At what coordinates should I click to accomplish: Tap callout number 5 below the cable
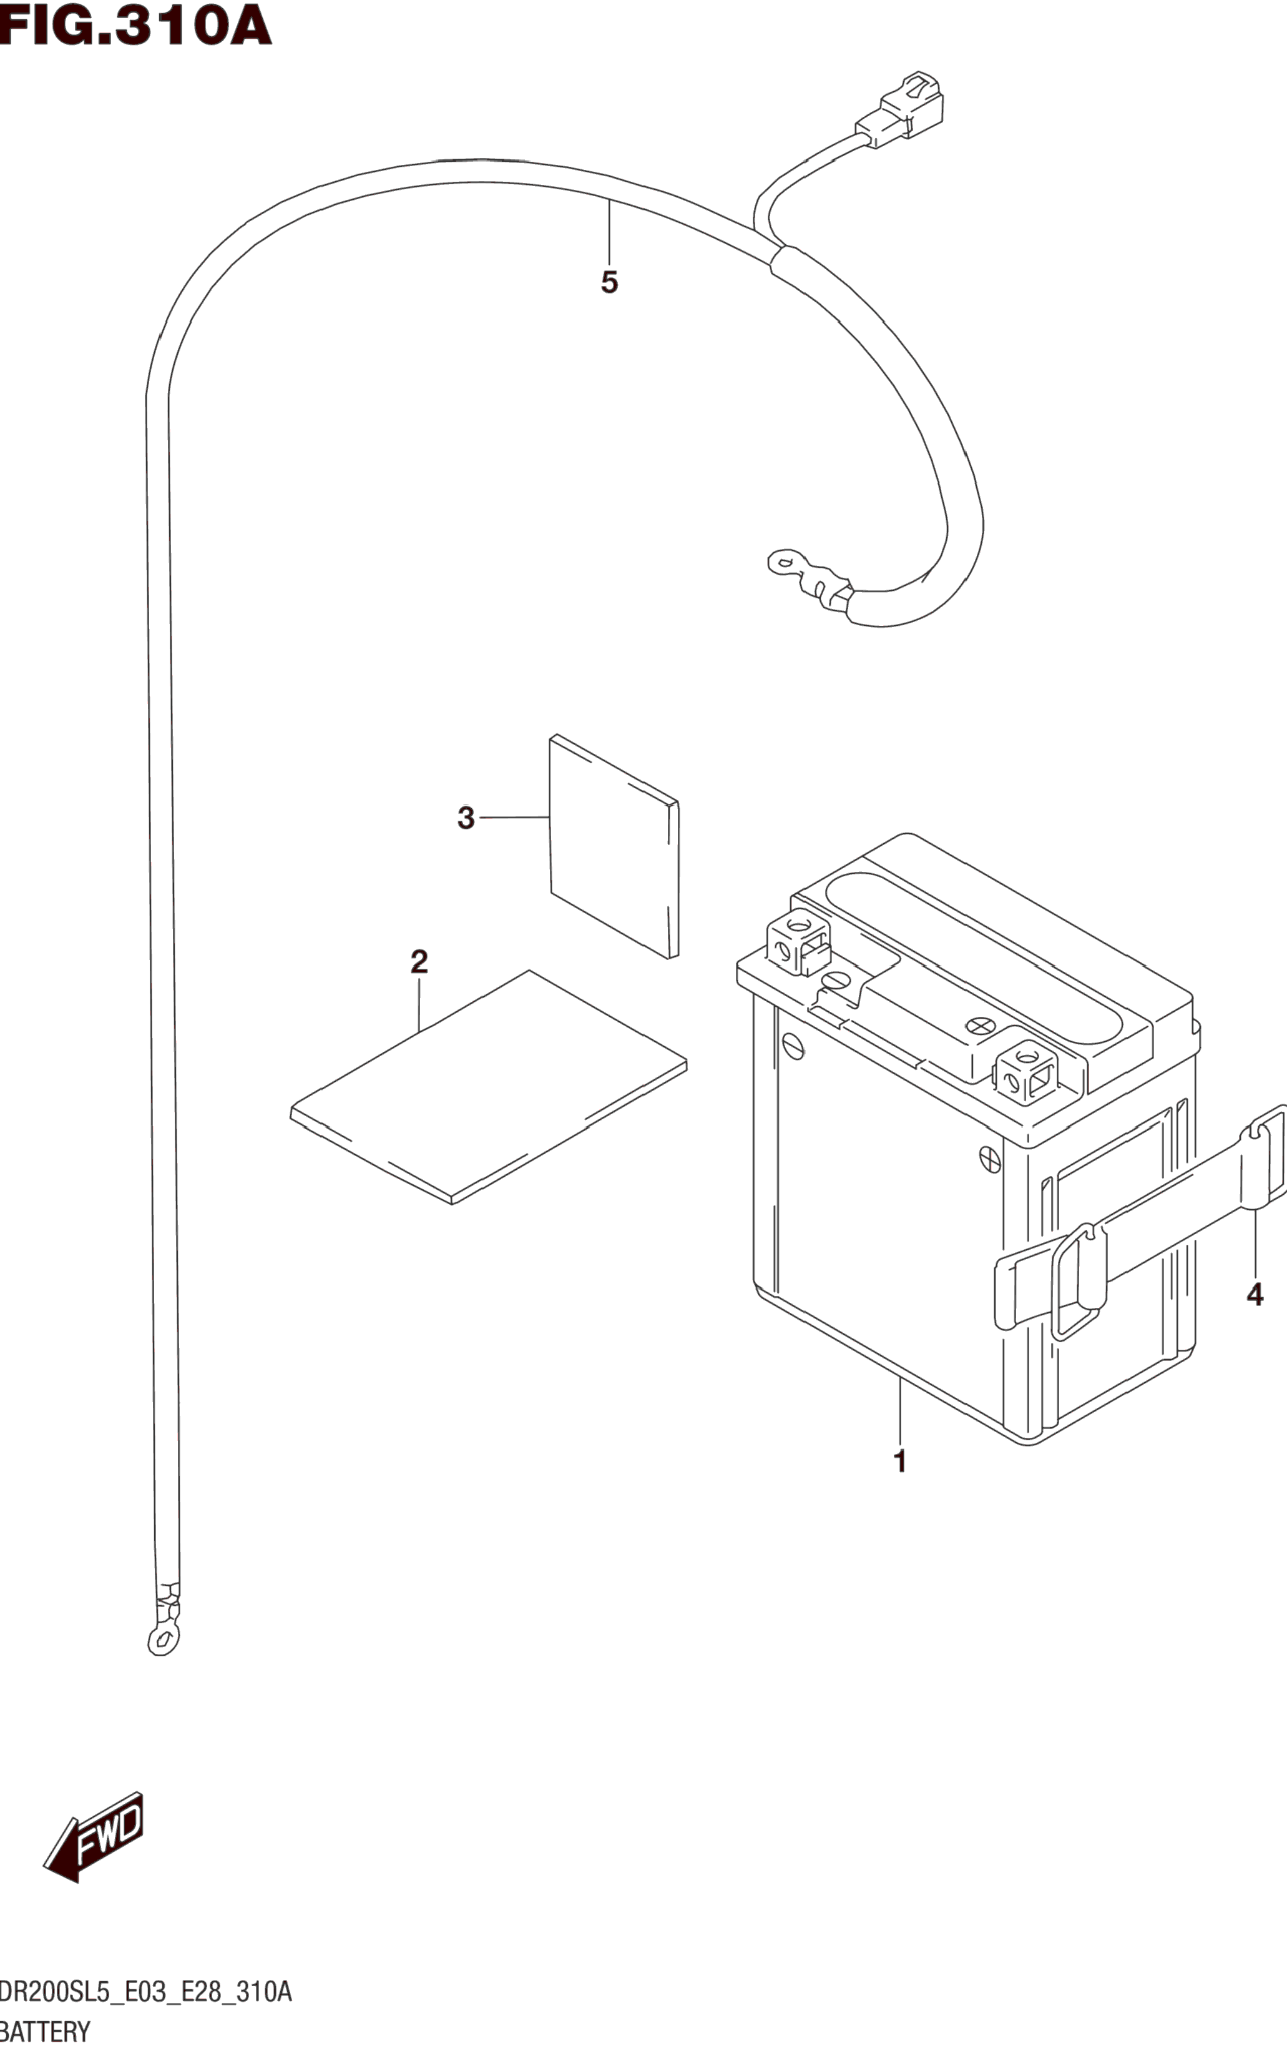(609, 282)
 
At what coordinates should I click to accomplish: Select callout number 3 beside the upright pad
(465, 818)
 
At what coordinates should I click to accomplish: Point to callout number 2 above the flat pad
(418, 962)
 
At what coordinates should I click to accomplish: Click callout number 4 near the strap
(1254, 1295)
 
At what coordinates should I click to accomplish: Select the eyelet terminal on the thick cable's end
(786, 562)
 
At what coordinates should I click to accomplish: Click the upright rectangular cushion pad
(614, 846)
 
